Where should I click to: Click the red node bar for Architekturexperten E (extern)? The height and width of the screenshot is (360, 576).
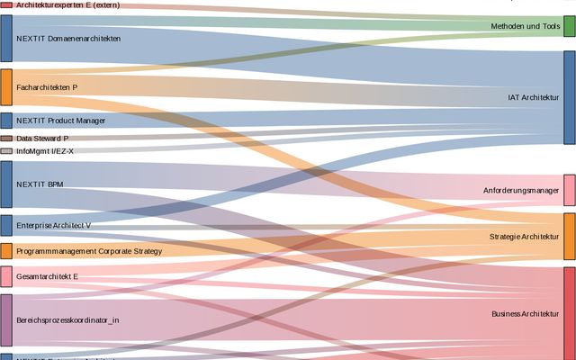click(6, 5)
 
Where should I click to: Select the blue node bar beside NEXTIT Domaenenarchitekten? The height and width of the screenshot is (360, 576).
click(6, 39)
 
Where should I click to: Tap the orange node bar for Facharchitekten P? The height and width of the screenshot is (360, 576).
click(6, 87)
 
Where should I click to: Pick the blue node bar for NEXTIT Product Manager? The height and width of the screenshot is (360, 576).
click(6, 121)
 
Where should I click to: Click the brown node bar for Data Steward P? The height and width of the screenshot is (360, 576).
click(6, 139)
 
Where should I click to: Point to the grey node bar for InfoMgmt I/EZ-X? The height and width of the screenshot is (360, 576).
click(6, 151)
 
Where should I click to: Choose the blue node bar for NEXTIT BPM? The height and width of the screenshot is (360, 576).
click(6, 184)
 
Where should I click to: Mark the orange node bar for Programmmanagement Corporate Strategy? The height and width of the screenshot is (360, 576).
click(6, 251)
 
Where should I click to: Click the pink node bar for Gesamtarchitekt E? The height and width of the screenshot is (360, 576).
click(6, 276)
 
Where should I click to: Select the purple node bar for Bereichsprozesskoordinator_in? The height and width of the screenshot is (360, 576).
click(6, 319)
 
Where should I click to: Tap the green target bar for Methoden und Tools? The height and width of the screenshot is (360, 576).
click(569, 26)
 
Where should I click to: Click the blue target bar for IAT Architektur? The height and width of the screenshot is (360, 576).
click(569, 97)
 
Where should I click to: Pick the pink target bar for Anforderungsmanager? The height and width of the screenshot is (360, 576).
click(569, 191)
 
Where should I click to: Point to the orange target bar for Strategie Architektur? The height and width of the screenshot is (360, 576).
click(569, 237)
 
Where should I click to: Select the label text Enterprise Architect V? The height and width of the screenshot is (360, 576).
click(53, 224)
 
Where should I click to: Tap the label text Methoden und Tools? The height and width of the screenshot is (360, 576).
click(526, 27)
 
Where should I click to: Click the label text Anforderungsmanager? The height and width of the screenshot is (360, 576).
click(521, 191)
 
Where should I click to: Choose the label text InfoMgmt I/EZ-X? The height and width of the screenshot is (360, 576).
click(45, 151)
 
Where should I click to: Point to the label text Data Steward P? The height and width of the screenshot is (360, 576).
click(42, 139)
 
